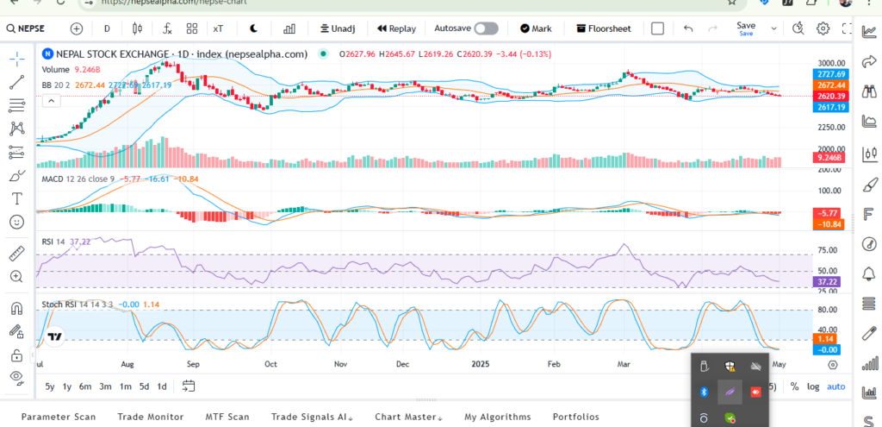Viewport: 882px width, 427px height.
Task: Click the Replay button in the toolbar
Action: pyautogui.click(x=396, y=28)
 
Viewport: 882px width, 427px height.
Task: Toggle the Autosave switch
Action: pyautogui.click(x=486, y=28)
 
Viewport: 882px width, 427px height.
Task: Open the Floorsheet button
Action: pyautogui.click(x=603, y=28)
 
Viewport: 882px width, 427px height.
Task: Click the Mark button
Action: pyautogui.click(x=535, y=28)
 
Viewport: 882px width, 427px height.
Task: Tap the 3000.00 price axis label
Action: pyautogui.click(x=832, y=64)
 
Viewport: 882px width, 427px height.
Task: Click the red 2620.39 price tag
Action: pyautogui.click(x=832, y=97)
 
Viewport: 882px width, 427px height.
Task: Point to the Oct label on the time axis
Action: pyautogui.click(x=270, y=364)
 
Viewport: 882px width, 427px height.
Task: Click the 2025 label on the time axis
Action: pyautogui.click(x=481, y=364)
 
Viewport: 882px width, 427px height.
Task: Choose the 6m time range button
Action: pyautogui.click(x=85, y=386)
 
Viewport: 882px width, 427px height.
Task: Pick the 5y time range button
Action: pyautogui.click(x=50, y=386)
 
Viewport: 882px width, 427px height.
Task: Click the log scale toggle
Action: pyautogui.click(x=813, y=386)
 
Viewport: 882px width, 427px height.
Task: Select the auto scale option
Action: pyautogui.click(x=835, y=386)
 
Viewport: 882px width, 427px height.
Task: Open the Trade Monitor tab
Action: pyautogui.click(x=150, y=417)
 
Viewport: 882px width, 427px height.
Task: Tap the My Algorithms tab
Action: pyautogui.click(x=497, y=417)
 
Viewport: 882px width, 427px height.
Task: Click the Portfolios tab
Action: pyautogui.click(x=575, y=417)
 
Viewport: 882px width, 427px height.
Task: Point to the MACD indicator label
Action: pyautogui.click(x=54, y=179)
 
